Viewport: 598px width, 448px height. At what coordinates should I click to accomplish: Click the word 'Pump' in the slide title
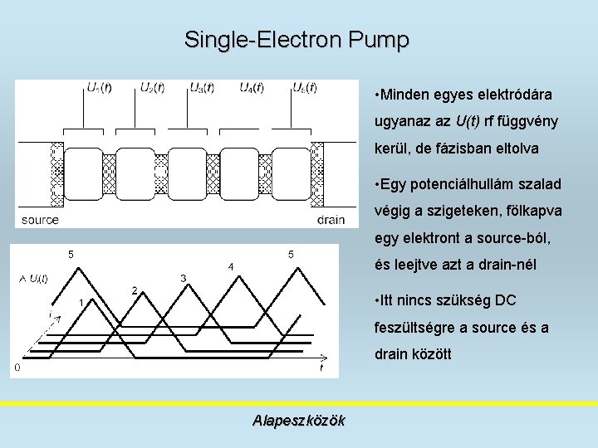[x=380, y=39]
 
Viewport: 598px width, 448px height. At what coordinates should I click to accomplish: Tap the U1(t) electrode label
[x=100, y=87]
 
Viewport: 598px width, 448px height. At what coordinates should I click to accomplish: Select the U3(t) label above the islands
[x=202, y=87]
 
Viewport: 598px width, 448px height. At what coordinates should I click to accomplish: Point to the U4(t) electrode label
[x=252, y=87]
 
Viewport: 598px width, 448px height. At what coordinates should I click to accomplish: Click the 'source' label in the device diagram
[x=40, y=220]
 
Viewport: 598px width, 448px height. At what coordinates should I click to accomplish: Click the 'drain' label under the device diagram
[x=331, y=220]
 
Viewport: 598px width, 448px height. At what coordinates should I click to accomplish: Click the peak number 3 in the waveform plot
[x=182, y=277]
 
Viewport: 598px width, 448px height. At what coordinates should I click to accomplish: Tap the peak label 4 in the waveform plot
[x=230, y=266]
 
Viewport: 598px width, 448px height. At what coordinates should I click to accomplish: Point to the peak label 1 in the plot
[x=81, y=302]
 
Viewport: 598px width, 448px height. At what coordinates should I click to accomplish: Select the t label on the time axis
[x=321, y=367]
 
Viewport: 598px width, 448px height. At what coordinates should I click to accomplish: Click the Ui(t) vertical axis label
[x=36, y=278]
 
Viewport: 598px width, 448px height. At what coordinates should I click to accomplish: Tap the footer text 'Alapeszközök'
[x=299, y=421]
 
